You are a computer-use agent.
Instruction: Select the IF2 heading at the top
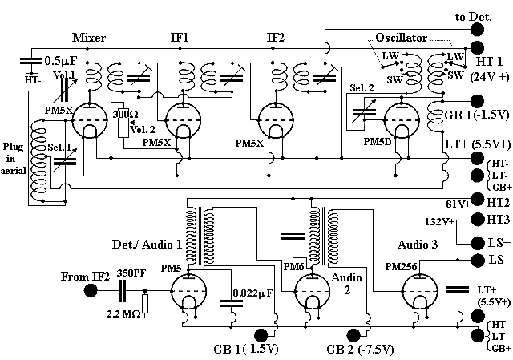tap(277, 38)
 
